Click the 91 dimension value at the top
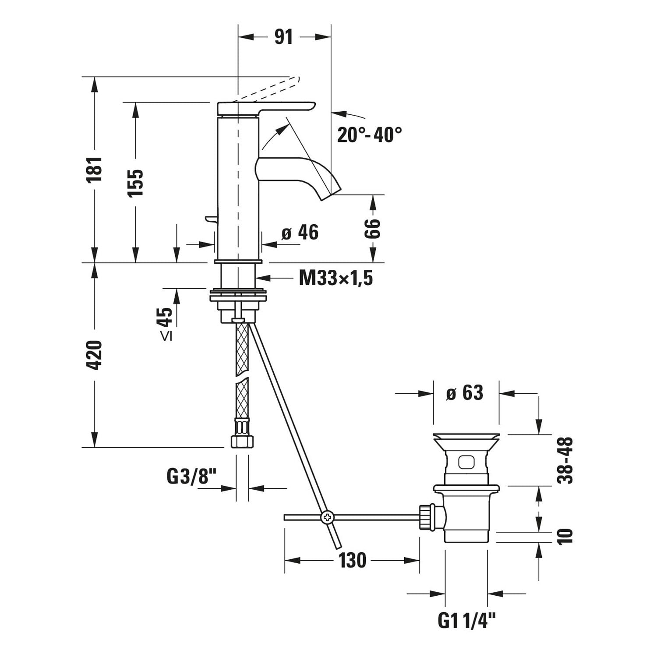click(x=283, y=37)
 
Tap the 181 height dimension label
click(x=95, y=169)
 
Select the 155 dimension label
click(x=136, y=182)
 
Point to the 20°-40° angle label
click(x=369, y=134)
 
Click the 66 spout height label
click(x=373, y=228)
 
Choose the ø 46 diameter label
click(x=300, y=233)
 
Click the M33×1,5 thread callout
click(x=336, y=278)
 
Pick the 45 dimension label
click(x=166, y=317)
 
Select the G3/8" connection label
click(x=192, y=477)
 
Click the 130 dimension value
click(x=352, y=560)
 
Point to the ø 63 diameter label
click(x=464, y=393)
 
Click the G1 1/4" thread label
click(x=467, y=620)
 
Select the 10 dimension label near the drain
click(x=565, y=536)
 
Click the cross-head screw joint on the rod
click(x=327, y=517)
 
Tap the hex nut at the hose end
click(x=242, y=440)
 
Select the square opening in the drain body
click(x=466, y=462)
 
